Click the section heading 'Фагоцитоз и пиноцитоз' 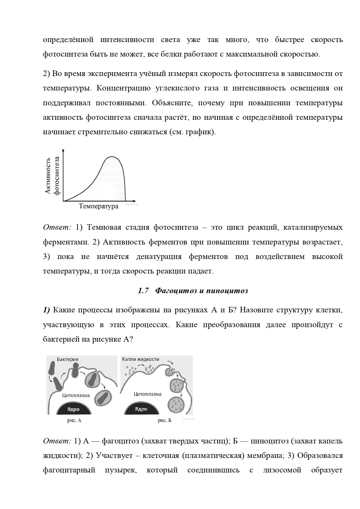(x=202, y=291)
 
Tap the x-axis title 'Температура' (x=99, y=206)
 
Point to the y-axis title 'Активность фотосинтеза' (x=53, y=176)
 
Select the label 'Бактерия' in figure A (x=68, y=359)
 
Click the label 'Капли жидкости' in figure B (x=140, y=359)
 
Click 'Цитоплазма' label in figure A (x=76, y=395)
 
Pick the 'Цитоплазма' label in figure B (x=147, y=394)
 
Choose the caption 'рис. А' (x=74, y=420)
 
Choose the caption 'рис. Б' (x=164, y=420)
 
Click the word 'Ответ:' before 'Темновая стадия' (x=57, y=227)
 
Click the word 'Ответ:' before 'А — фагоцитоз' (x=57, y=441)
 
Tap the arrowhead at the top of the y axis (x=63, y=150)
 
